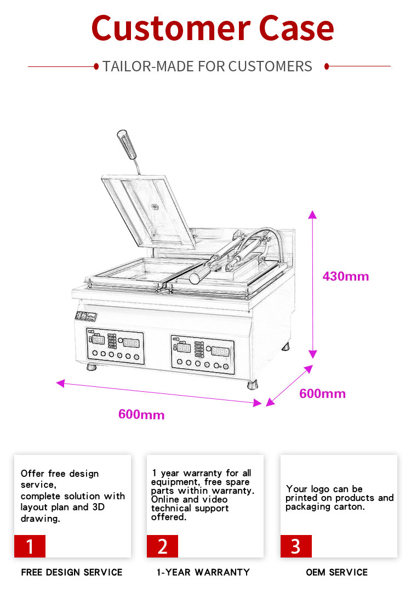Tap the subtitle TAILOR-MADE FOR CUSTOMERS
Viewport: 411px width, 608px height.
207,67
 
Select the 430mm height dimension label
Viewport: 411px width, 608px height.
345,276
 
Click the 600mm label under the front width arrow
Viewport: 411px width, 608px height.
141,414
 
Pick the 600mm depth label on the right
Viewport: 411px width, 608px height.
322,393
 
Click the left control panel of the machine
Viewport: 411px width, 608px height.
115,348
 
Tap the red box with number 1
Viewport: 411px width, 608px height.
30,546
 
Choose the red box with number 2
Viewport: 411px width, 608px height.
162,546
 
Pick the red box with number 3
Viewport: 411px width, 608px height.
296,546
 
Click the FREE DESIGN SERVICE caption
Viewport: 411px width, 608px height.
72,572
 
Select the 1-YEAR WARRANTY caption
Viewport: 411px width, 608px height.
203,572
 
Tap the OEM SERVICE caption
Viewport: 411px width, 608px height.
336,572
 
